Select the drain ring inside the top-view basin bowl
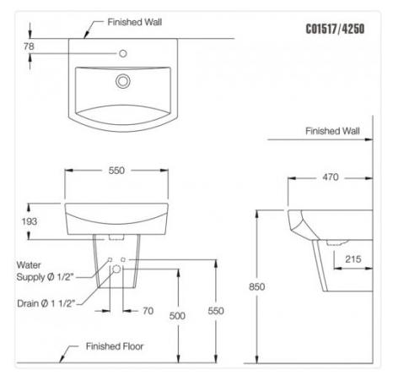[x=123, y=81]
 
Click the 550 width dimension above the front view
[x=116, y=171]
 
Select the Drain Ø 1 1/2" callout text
[x=46, y=302]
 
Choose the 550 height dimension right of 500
[x=217, y=310]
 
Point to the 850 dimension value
[x=258, y=286]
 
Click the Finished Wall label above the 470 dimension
[x=332, y=131]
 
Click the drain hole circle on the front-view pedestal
[x=116, y=269]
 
